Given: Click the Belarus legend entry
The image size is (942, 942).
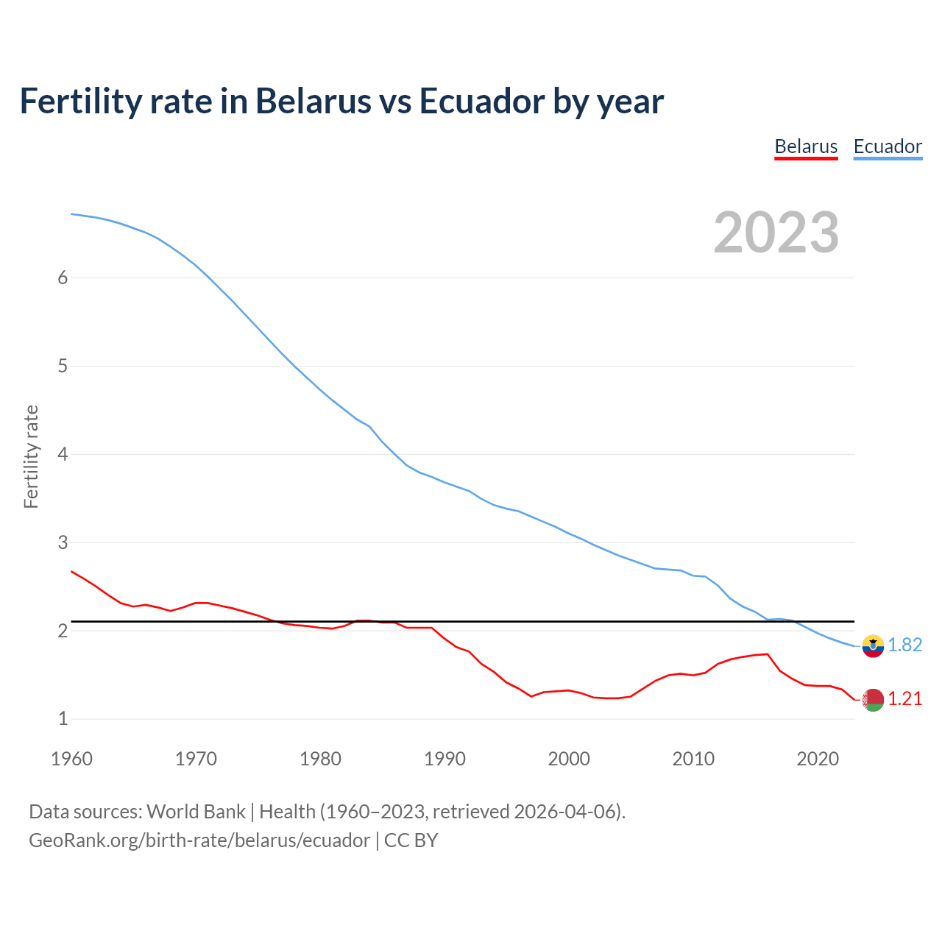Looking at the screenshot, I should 806,146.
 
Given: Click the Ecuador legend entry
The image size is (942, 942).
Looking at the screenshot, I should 888,146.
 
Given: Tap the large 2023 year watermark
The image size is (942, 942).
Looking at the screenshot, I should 776,233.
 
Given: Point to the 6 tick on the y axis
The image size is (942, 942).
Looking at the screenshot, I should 63,277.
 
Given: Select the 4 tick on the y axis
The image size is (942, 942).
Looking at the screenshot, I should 63,454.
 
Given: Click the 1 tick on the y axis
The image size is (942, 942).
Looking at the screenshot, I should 63,719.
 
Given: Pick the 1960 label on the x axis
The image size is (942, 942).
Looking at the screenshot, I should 71,759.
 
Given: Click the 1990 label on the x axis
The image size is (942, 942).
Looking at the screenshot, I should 445,759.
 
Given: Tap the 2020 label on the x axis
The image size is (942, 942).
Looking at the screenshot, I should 818,759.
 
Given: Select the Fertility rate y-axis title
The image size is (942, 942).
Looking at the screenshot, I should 31,456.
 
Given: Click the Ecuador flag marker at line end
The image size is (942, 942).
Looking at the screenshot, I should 873,646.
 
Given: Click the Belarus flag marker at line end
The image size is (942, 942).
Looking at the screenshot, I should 873,700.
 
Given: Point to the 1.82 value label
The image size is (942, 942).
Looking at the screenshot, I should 905,645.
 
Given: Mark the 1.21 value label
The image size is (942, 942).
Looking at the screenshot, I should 905,699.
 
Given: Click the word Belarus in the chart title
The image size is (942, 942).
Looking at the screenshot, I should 313,101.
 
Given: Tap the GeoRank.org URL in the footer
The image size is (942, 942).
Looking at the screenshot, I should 199,840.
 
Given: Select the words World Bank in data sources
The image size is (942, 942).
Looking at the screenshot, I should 196,812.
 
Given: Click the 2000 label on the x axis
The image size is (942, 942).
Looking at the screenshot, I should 569,759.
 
